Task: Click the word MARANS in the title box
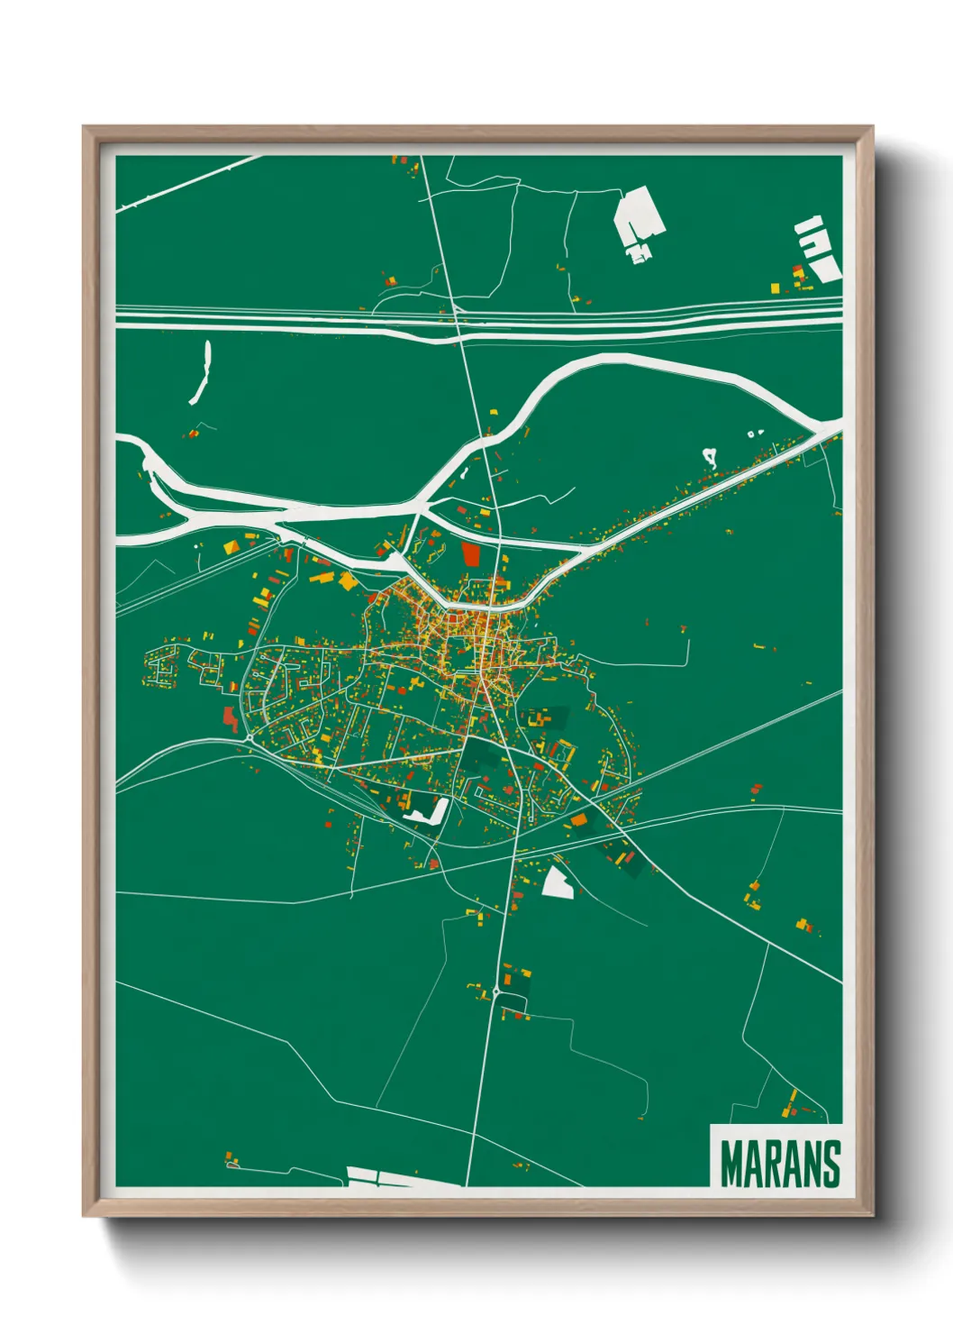[x=780, y=1165]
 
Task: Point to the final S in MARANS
[x=830, y=1165]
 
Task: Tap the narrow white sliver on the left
[x=200, y=371]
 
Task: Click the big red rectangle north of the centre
[x=471, y=553]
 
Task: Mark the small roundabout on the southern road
[x=495, y=991]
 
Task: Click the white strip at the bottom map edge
[x=387, y=1177]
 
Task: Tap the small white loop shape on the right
[x=710, y=457]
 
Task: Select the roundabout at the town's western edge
[x=248, y=738]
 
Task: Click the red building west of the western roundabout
[x=230, y=718]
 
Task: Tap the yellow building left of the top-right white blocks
[x=775, y=288]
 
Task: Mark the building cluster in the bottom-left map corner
[x=231, y=1158]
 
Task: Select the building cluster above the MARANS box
[x=793, y=1104]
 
